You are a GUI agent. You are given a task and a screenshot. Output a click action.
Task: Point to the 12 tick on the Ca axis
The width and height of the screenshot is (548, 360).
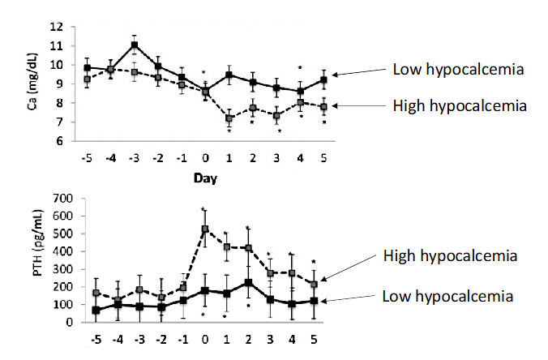pyautogui.click(x=56, y=27)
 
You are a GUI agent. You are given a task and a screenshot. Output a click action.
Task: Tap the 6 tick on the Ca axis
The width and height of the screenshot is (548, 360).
pyautogui.click(x=58, y=141)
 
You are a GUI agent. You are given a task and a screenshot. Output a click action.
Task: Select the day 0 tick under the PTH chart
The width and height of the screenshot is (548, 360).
pyautogui.click(x=205, y=337)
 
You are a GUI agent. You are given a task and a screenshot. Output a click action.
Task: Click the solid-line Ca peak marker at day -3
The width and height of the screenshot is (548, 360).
pyautogui.click(x=135, y=45)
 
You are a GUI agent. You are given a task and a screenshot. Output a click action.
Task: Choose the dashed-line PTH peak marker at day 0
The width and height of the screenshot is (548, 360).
pyautogui.click(x=205, y=229)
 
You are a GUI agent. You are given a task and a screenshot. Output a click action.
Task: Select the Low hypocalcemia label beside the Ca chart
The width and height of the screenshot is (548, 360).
pyautogui.click(x=456, y=70)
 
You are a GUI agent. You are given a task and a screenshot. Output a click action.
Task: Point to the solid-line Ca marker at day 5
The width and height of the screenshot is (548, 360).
pyautogui.click(x=323, y=80)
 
